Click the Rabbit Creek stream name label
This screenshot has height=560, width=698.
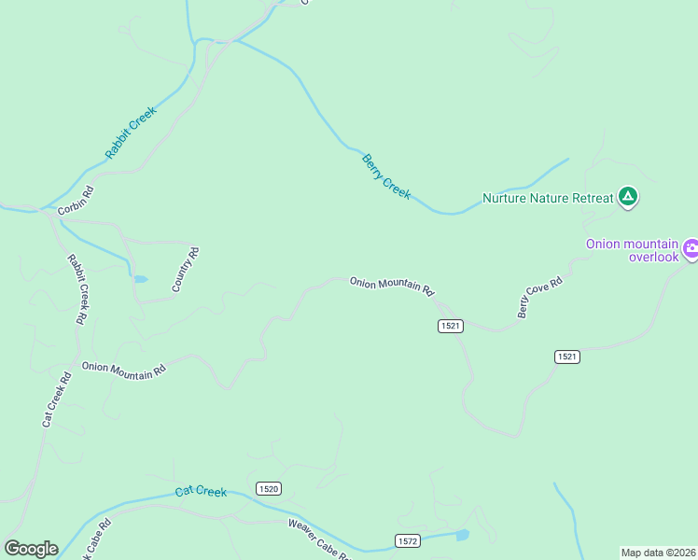pos(131,132)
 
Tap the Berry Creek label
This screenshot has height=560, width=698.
pos(385,176)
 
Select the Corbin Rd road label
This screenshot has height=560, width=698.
pos(76,202)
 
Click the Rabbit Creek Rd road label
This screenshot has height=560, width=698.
pos(77,289)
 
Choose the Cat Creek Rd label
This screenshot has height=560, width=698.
pos(56,400)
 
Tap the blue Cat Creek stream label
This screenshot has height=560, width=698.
pos(201,492)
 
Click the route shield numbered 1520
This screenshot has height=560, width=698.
pos(268,488)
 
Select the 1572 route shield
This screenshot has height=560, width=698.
pos(407,540)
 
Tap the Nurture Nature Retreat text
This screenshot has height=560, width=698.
pos(548,198)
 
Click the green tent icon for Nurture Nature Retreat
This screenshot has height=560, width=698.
pos(629,196)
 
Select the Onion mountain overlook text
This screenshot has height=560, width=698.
pos(632,250)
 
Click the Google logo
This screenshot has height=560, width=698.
pos(31,549)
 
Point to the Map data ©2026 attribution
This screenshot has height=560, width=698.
pos(659,552)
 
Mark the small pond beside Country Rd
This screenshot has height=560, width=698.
pos(140,278)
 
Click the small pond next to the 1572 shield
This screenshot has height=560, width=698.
pos(460,536)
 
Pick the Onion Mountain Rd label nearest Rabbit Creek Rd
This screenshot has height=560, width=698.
pos(123,369)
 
